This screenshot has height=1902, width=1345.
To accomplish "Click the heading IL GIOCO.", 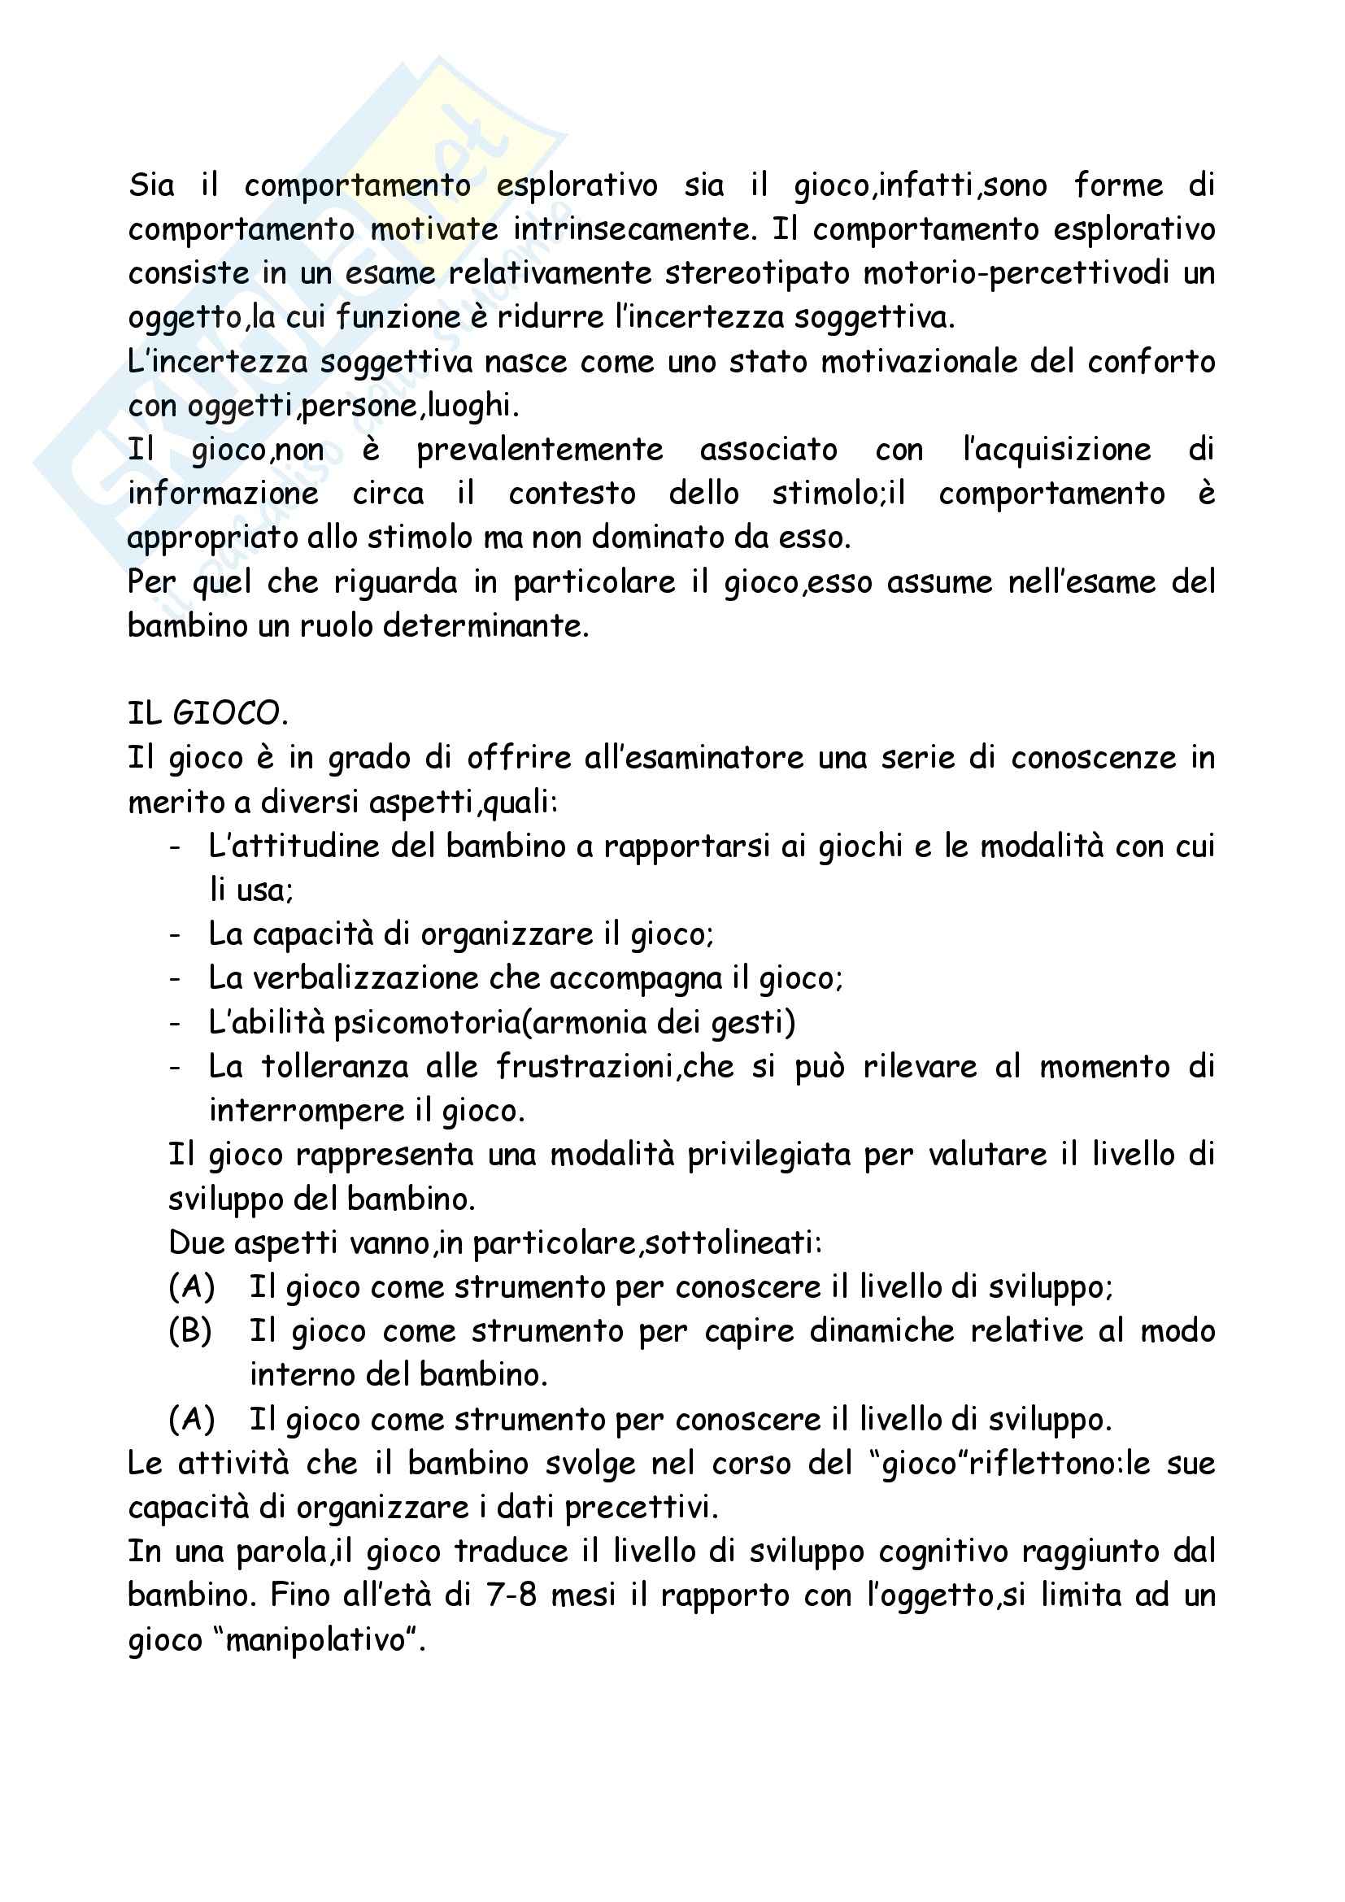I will (x=208, y=713).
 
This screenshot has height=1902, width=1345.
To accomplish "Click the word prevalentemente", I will (x=539, y=450).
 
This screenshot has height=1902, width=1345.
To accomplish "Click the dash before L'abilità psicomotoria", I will (x=175, y=1024).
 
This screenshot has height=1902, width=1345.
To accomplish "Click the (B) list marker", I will (x=190, y=1331).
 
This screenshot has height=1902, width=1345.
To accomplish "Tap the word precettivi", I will (x=641, y=1508).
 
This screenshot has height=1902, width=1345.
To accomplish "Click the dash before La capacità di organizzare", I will (x=175, y=935).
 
